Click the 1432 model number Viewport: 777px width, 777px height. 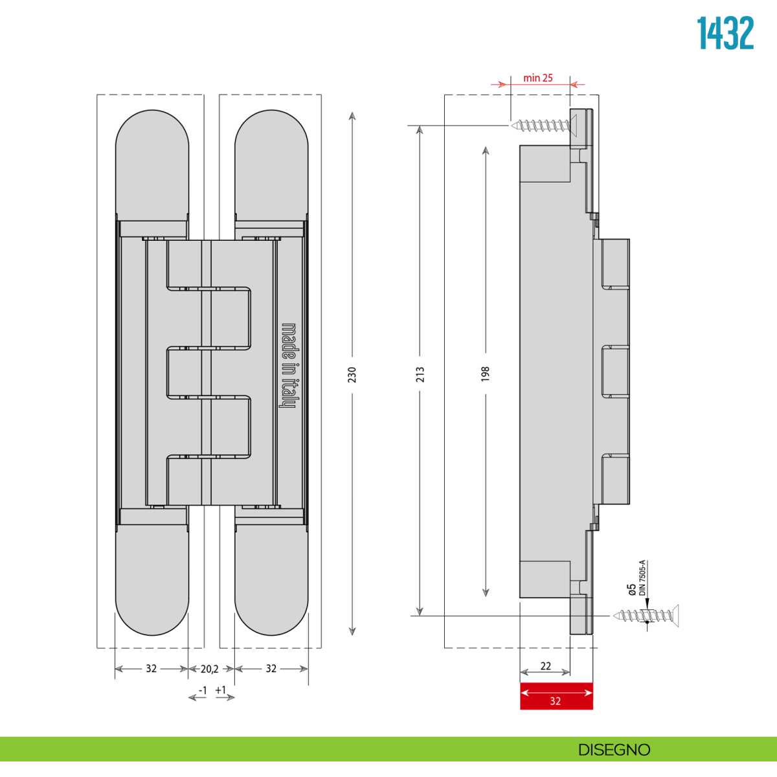pos(725,34)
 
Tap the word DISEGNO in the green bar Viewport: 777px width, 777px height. pos(614,750)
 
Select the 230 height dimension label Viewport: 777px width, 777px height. pos(352,374)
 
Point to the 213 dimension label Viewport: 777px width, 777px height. pos(420,374)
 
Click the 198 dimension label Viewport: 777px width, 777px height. pos(486,374)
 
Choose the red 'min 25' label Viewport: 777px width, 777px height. pos(538,78)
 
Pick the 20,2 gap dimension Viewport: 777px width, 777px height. pos(209,669)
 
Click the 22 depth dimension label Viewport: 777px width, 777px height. pos(545,666)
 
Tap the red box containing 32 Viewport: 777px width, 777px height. pos(556,696)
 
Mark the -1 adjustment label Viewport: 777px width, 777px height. pos(203,691)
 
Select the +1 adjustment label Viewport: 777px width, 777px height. pos(221,690)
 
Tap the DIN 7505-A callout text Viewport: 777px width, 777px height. pos(642,578)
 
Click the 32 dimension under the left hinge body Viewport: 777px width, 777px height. pos(151,669)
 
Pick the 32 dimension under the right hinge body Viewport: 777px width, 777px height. pos(271,669)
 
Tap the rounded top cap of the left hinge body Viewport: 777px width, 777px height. pos(152,162)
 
